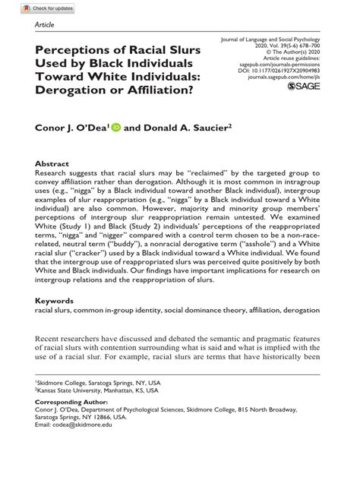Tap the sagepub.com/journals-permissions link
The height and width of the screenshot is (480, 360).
[288, 62]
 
